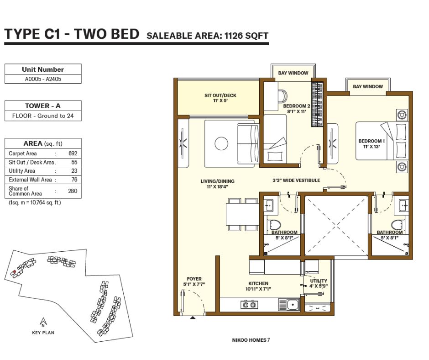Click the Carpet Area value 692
coord(73,154)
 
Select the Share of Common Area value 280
coord(73,191)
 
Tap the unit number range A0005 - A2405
coord(43,79)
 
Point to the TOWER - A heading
coord(43,106)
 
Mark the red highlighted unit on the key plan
coord(13,273)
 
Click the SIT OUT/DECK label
coord(220,95)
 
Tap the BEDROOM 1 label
coord(371,141)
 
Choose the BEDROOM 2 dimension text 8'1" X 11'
coord(297,111)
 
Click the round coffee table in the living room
coord(221,143)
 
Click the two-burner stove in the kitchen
coord(249,304)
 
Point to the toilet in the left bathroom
coord(274,225)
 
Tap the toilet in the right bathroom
coord(398,225)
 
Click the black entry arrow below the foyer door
coord(193,318)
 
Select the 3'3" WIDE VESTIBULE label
coord(296,180)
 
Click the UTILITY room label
coord(319,281)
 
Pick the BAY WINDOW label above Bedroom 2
coord(293,73)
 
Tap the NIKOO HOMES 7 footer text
coord(251,340)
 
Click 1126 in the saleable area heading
coord(233,36)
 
